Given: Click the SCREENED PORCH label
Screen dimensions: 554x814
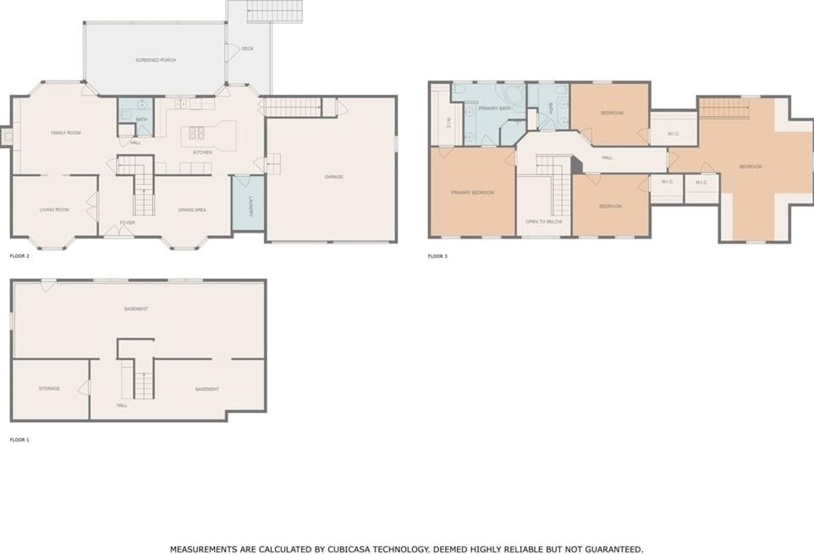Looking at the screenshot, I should [156, 60].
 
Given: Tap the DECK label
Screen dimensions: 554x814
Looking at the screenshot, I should [247, 49].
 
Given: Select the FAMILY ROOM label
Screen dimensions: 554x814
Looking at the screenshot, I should [66, 133].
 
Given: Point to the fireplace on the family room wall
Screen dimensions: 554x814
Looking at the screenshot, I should [6, 136].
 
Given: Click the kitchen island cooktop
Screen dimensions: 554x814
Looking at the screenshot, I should [196, 133].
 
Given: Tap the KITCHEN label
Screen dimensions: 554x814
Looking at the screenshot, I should [202, 152].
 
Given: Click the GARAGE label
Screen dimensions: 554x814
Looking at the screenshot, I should [333, 177].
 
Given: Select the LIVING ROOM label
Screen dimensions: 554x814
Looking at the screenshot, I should [54, 210].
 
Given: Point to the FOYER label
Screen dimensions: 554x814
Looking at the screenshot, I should [127, 222].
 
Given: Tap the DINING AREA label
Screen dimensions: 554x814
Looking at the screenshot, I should [192, 210].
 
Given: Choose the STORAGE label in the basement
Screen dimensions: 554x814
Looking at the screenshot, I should [49, 388].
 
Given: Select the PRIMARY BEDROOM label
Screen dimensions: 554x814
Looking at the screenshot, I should [472, 193].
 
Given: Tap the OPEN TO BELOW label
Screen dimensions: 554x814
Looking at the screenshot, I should [544, 222].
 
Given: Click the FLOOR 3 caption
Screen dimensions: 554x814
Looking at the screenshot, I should [437, 255].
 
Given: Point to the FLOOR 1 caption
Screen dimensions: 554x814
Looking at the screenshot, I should [19, 440].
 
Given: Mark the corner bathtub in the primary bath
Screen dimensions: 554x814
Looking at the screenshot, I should [513, 95].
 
